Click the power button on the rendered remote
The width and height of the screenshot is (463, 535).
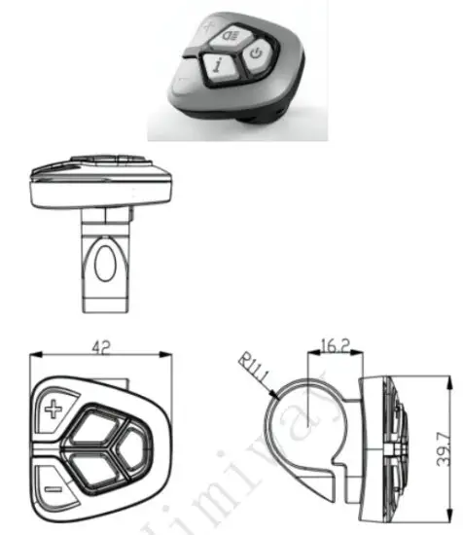coord(256,53)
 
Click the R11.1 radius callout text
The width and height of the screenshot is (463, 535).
coord(250,371)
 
